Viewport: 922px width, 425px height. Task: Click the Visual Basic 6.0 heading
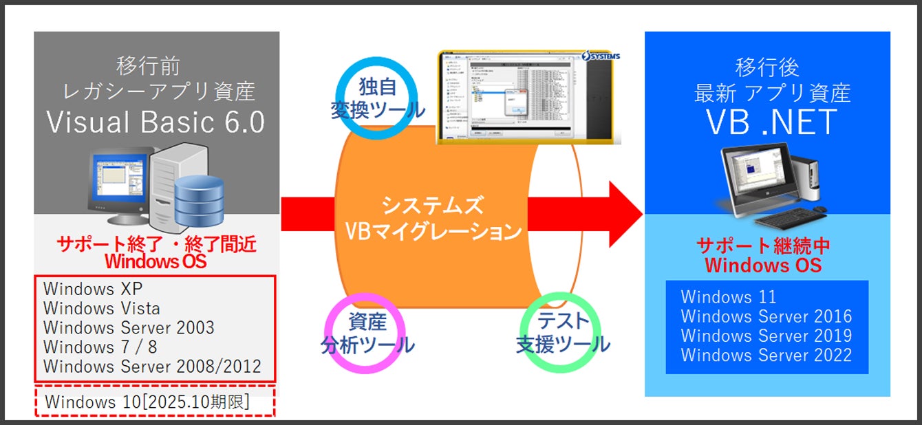(x=156, y=122)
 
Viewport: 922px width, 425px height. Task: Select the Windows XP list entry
(x=94, y=288)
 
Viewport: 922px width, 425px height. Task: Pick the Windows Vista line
(x=102, y=307)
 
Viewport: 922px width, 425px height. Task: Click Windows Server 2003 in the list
(x=129, y=327)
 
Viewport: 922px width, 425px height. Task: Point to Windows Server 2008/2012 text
(x=152, y=366)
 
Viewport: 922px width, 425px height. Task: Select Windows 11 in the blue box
(x=729, y=297)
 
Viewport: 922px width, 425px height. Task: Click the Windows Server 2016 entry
(x=766, y=316)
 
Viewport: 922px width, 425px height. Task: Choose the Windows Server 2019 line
(x=766, y=336)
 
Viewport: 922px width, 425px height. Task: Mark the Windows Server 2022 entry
(x=766, y=355)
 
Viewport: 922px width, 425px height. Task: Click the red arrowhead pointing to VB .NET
(x=623, y=213)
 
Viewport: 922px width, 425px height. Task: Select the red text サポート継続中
(x=764, y=246)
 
